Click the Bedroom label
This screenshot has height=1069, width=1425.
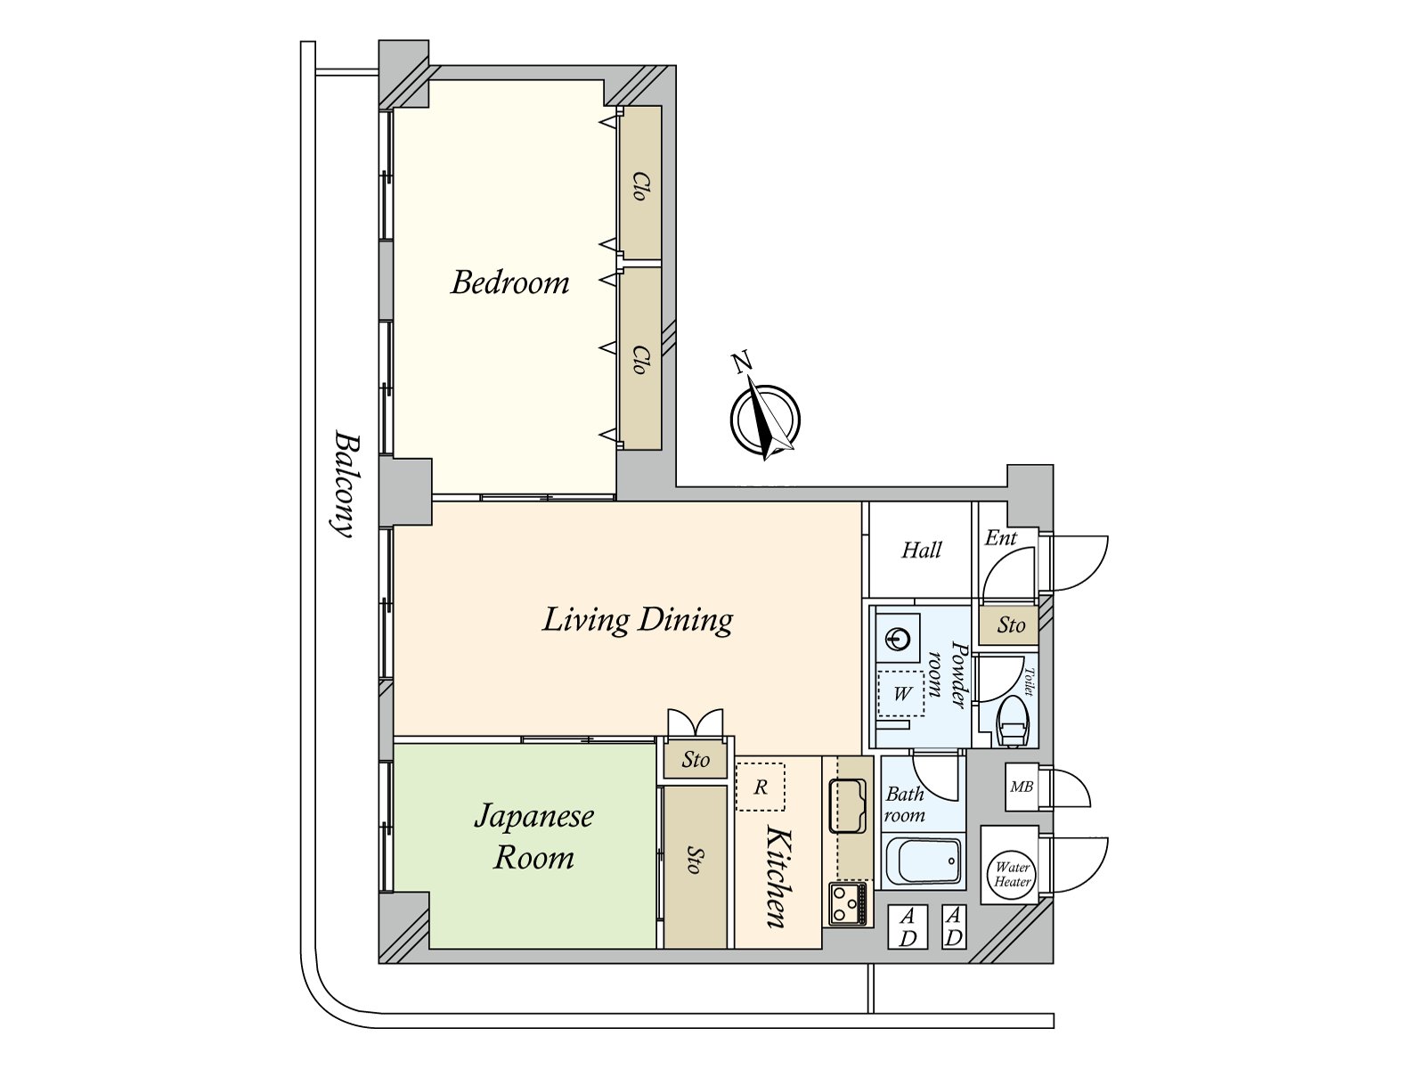click(510, 283)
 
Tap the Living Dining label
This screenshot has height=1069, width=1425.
click(638, 620)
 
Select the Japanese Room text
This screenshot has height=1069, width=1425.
click(533, 836)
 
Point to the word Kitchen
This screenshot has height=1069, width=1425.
click(778, 877)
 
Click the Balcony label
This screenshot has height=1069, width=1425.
click(347, 483)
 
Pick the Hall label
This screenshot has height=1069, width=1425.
click(921, 551)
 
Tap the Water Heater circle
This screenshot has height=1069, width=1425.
click(1012, 875)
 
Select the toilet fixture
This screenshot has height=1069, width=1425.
click(1013, 722)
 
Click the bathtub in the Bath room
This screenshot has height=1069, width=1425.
click(924, 861)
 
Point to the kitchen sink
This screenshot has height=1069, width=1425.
click(847, 806)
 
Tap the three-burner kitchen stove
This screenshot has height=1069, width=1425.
click(847, 902)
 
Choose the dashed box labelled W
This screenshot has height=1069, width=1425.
click(900, 694)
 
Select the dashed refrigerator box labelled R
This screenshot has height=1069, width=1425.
click(761, 787)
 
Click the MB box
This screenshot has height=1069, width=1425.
click(1022, 787)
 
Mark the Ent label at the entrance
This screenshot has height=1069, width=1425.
click(1000, 537)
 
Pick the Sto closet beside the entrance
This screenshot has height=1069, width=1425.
click(1009, 625)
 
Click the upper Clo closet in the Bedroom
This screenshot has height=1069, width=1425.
click(639, 184)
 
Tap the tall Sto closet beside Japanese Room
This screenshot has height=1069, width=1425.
click(695, 867)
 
